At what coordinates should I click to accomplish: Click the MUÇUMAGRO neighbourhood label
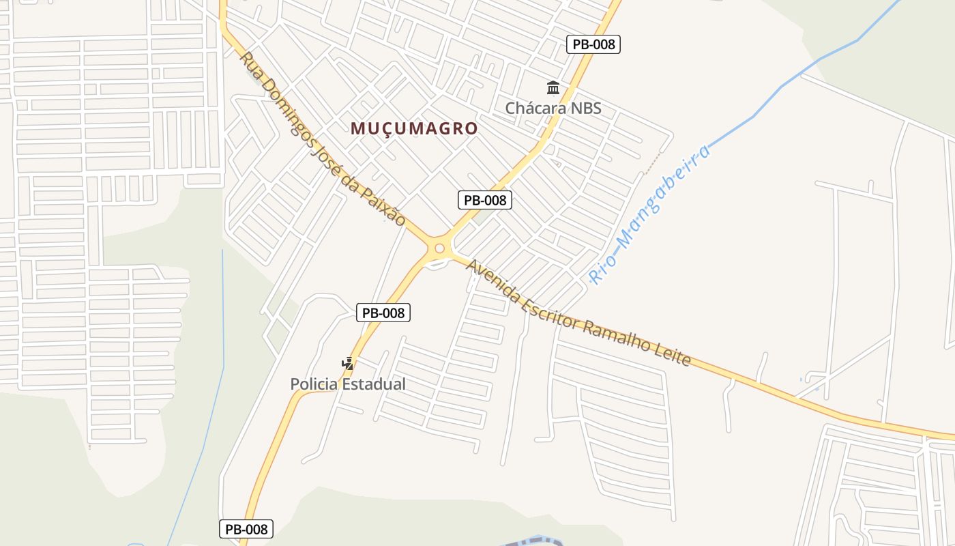click(414, 128)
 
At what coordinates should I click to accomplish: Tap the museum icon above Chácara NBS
click(553, 88)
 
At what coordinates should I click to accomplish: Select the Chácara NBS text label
click(553, 108)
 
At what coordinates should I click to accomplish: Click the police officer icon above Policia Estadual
click(348, 363)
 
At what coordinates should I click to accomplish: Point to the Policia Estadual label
click(348, 384)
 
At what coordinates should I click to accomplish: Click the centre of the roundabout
click(439, 248)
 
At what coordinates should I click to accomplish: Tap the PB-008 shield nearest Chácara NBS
click(593, 44)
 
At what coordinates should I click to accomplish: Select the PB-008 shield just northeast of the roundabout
click(484, 200)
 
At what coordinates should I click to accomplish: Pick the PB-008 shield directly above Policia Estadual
click(383, 313)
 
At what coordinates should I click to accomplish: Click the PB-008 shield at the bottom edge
click(246, 529)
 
